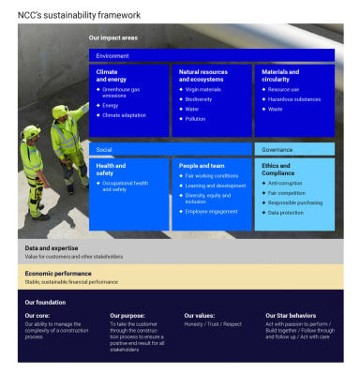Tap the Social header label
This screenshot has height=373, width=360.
click(x=104, y=149)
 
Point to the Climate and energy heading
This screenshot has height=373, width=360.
click(x=111, y=76)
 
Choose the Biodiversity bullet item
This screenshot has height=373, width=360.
click(x=200, y=99)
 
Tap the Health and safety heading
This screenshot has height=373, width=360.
click(x=111, y=170)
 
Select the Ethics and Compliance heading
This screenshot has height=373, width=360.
click(x=278, y=170)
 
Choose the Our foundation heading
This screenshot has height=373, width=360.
click(x=45, y=303)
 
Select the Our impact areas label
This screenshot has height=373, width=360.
click(x=112, y=38)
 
